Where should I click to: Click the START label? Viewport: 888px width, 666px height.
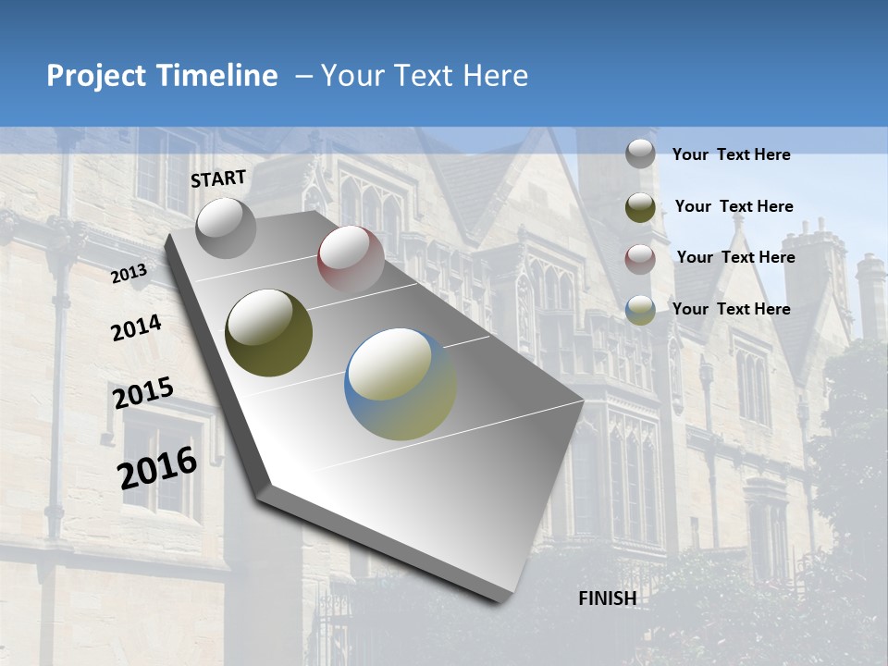pos(218,179)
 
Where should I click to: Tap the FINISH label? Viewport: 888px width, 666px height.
pos(607,598)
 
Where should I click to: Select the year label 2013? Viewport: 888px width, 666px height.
pos(129,274)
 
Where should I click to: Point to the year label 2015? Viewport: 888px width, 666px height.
pos(143,393)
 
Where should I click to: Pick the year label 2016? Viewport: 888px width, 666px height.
pos(157,467)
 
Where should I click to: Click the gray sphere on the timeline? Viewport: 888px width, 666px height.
pos(226,228)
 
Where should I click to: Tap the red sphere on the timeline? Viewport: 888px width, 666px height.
pos(350,258)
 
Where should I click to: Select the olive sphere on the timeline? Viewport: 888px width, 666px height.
pos(268,332)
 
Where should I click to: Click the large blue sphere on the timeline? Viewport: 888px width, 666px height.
pos(400,384)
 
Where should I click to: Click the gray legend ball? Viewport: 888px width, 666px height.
pos(640,154)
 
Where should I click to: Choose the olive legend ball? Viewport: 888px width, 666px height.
pos(640,206)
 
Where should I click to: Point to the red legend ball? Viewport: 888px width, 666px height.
pos(640,258)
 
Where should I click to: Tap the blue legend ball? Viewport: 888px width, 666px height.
pos(640,310)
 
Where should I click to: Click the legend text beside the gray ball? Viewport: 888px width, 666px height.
pos(731,154)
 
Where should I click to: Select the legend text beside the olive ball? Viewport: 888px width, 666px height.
pos(734,206)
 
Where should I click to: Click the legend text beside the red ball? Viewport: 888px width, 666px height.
pos(735,257)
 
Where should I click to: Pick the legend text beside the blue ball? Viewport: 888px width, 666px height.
pos(731,309)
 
